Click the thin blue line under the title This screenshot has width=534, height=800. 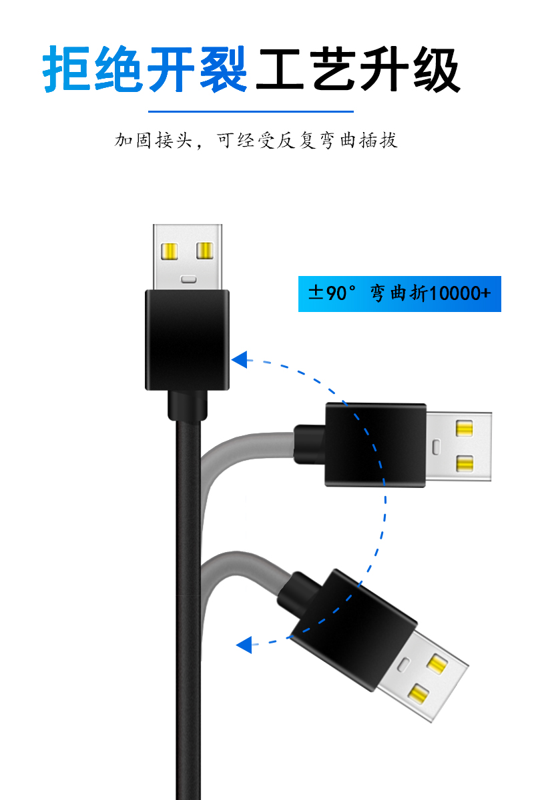coord(250,111)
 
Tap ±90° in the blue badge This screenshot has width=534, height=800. coord(334,293)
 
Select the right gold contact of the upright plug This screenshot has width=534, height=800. coord(204,251)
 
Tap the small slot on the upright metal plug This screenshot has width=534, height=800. coord(188,279)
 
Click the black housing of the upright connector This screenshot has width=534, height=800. coord(187,339)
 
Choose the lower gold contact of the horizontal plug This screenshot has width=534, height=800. coord(465,462)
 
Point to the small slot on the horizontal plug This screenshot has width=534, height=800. coord(437,445)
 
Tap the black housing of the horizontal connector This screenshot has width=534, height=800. coord(375,445)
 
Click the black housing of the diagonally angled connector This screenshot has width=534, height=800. coord(354,630)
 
